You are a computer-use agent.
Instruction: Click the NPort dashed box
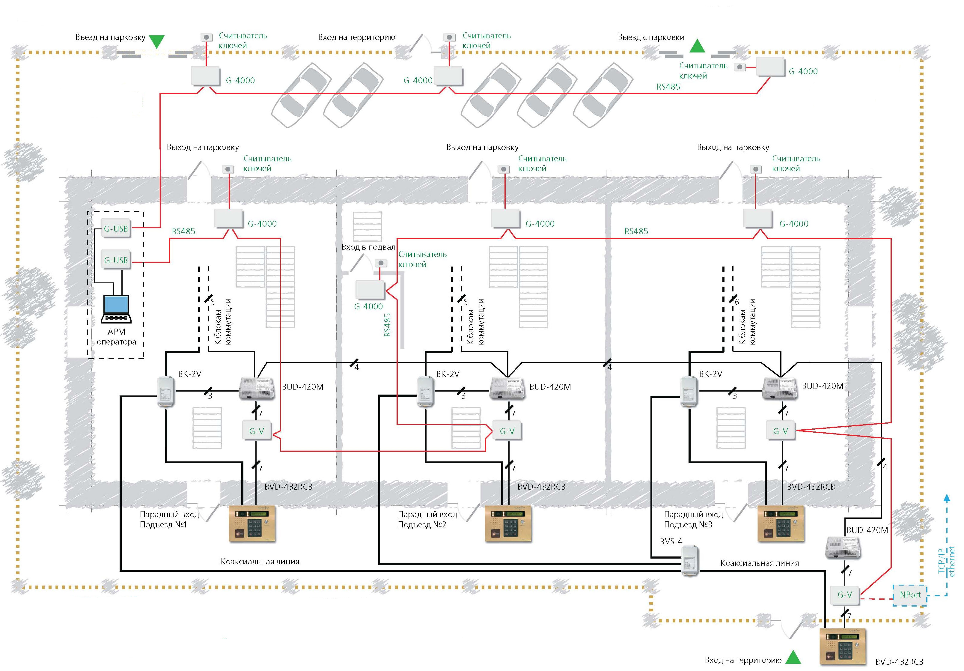[x=910, y=595]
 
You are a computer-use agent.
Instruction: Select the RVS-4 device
[x=690, y=560]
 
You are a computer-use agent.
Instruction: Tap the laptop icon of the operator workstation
[x=117, y=309]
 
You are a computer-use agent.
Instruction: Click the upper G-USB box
[x=116, y=228]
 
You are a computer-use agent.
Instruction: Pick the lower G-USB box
[x=116, y=260]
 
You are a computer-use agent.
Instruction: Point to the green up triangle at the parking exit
[x=698, y=46]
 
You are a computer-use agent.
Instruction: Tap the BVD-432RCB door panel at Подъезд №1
[x=252, y=523]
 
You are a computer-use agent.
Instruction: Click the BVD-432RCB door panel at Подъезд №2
[x=508, y=523]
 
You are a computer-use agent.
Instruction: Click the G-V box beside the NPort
[x=845, y=595]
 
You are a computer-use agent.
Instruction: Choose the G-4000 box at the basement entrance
[x=370, y=289]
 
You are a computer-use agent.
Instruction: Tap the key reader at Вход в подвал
[x=380, y=263]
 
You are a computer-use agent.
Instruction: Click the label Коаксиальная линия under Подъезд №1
[x=260, y=561]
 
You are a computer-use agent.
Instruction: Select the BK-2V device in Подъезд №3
[x=689, y=391]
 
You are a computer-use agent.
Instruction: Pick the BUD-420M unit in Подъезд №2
[x=507, y=388]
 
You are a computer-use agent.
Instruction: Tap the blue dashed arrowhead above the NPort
[x=947, y=498]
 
